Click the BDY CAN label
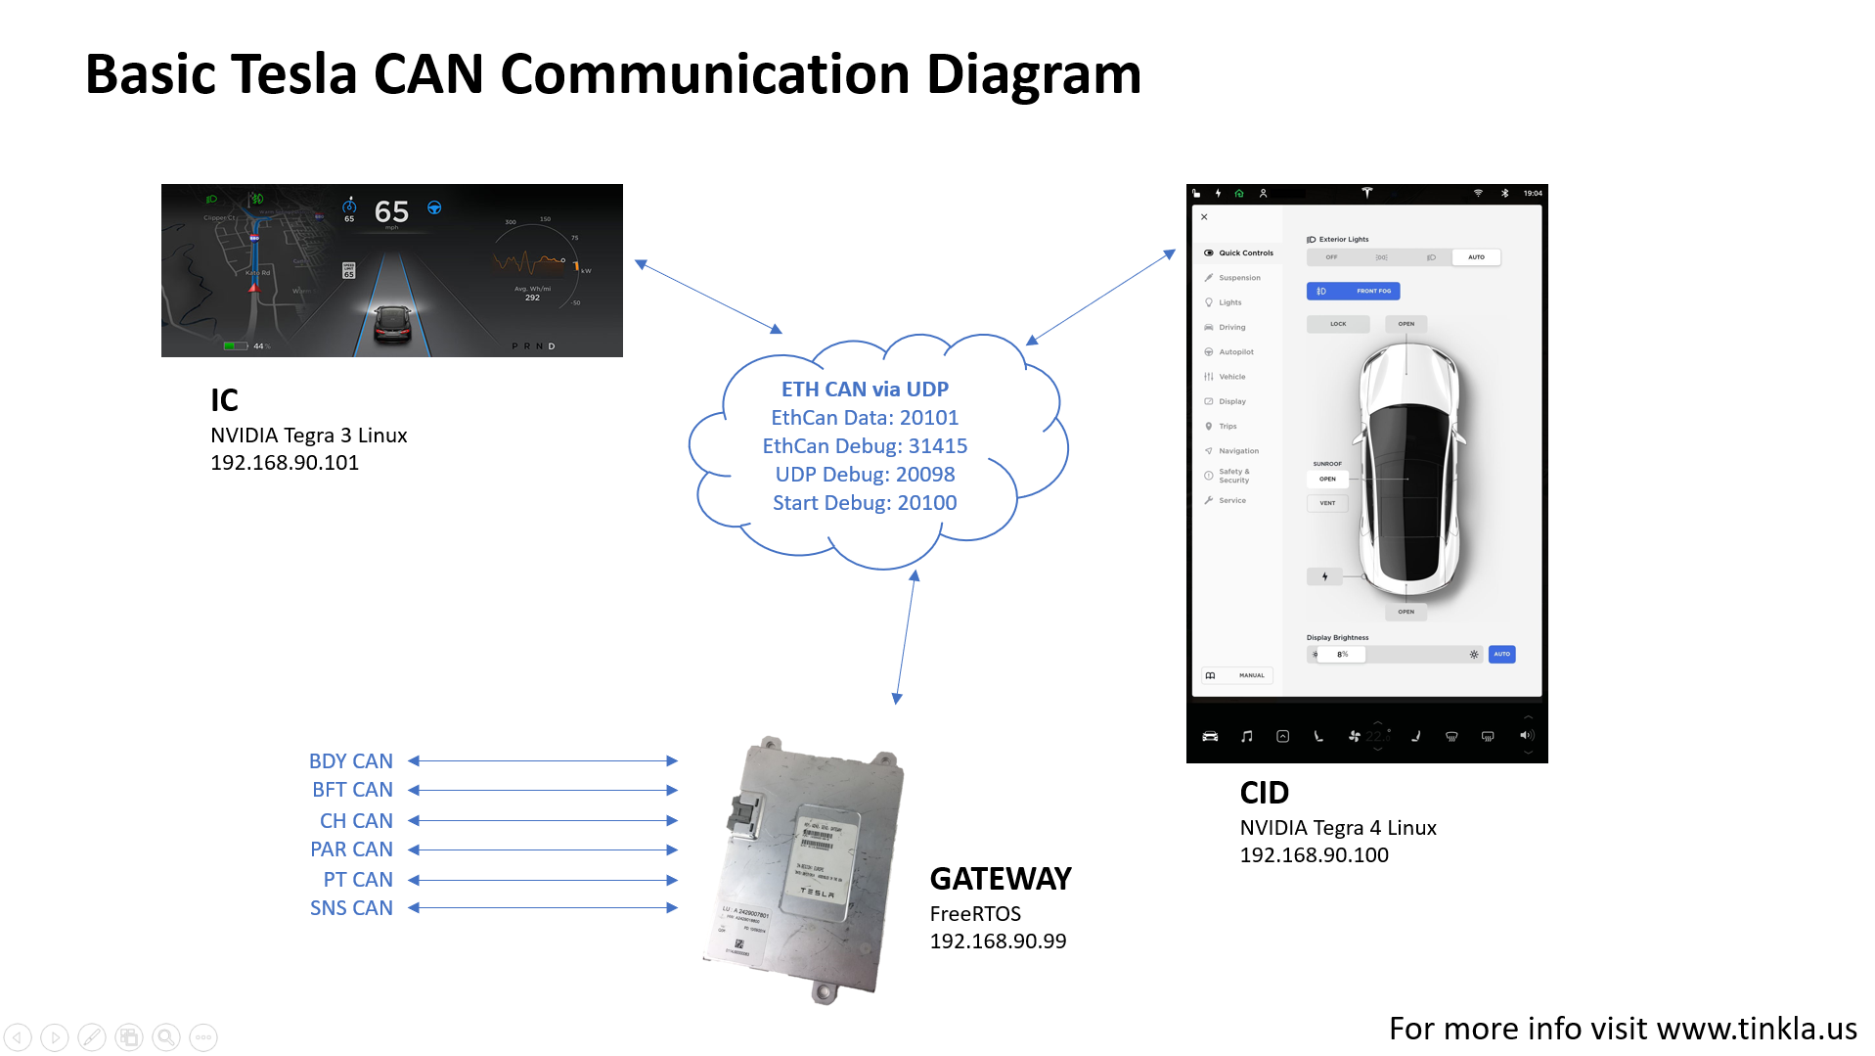coord(350,761)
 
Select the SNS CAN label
coord(351,908)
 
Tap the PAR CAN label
coord(351,849)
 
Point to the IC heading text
coord(224,400)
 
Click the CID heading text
coord(1264,793)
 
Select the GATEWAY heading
coord(1000,879)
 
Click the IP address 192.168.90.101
coord(285,463)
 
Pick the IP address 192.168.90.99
coord(998,941)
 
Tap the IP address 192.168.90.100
coord(1314,855)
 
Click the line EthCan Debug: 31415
coord(865,446)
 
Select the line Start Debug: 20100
coord(865,503)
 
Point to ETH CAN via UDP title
coord(865,390)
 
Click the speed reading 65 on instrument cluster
coord(391,211)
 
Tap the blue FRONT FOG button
coord(1354,291)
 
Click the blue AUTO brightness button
coord(1501,654)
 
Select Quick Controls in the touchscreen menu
coord(1245,253)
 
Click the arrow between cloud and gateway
coord(906,636)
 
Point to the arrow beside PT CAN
coord(543,880)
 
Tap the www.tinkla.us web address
coord(1757,1029)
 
